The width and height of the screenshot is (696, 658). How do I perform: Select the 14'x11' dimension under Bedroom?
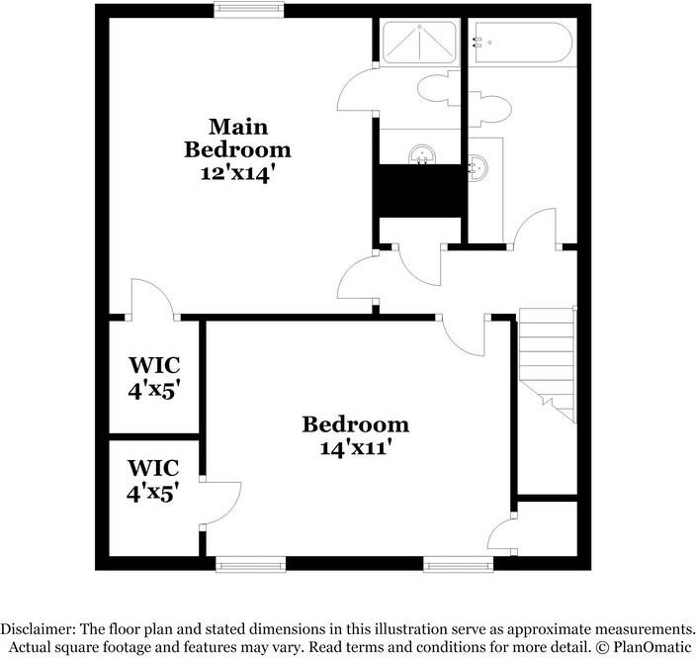click(x=355, y=446)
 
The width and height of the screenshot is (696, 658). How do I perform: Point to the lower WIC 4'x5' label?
click(x=153, y=479)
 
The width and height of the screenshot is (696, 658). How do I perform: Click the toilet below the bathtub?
click(x=490, y=105)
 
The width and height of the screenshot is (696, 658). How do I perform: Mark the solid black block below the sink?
click(x=419, y=189)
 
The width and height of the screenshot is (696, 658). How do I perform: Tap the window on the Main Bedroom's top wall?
click(x=250, y=10)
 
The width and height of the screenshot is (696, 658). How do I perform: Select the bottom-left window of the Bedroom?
click(x=251, y=565)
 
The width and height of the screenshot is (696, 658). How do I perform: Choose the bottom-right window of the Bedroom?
click(x=458, y=565)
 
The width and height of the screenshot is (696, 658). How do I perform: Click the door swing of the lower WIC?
click(x=221, y=503)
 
